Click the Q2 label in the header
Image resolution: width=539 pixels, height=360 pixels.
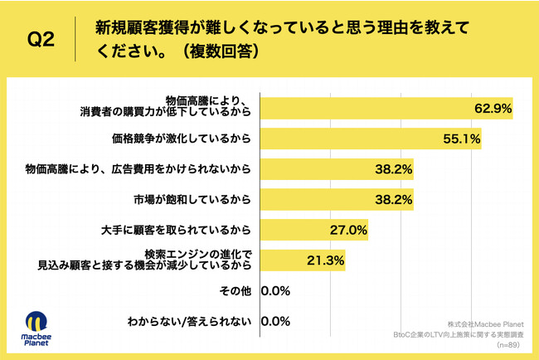tap(41, 39)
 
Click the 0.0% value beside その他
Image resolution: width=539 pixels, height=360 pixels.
tap(274, 291)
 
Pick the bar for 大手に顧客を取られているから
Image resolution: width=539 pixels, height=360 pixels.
tap(313, 230)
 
